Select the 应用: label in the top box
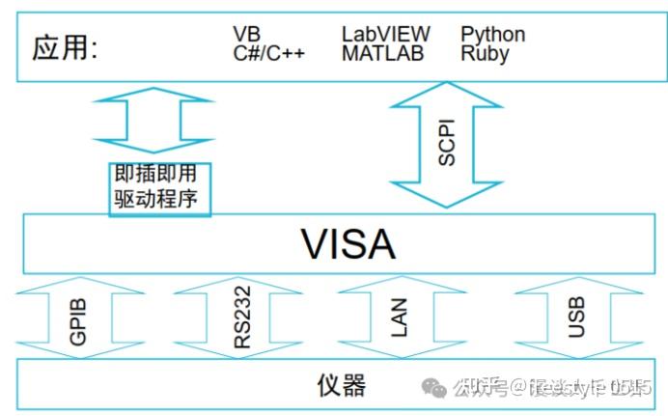(65, 47)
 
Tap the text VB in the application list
(246, 35)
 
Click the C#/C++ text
(268, 53)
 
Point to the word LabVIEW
(386, 35)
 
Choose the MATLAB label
(382, 53)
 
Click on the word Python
(492, 35)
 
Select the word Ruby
(485, 53)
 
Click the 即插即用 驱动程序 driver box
(156, 187)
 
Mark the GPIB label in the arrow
(79, 320)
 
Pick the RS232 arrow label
(242, 320)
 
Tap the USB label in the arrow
(576, 319)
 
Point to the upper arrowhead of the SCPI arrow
(446, 95)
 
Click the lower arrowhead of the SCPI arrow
(446, 195)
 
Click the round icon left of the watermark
(437, 388)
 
